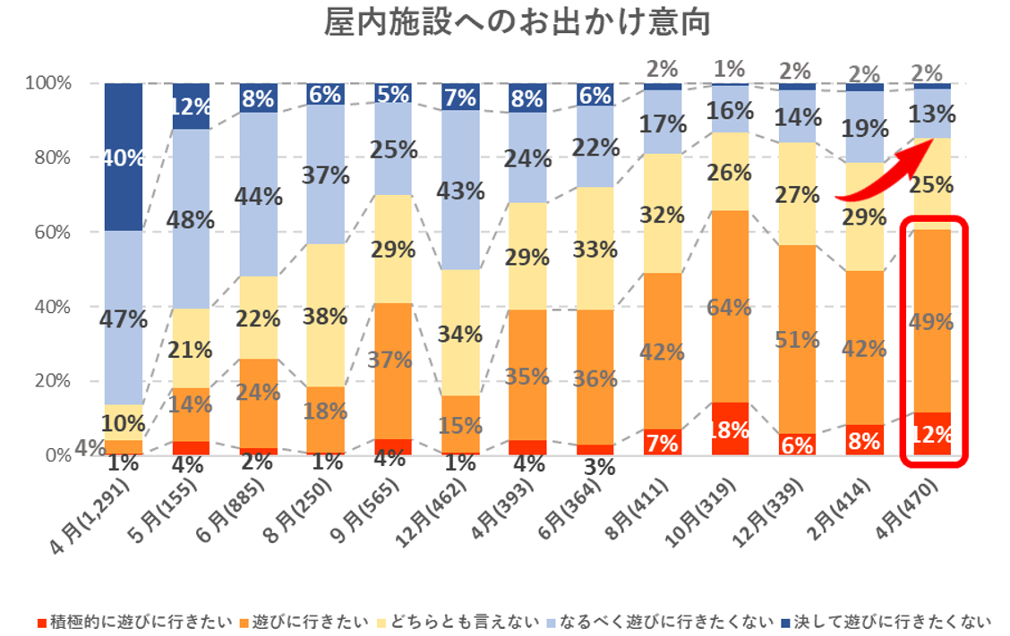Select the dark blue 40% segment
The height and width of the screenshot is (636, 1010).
pos(125,157)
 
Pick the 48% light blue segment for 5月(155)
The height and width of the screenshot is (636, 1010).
pos(193,219)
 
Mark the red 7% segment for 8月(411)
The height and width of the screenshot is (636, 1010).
pos(662,442)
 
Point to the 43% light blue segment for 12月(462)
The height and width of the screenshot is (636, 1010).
pos(462,191)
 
